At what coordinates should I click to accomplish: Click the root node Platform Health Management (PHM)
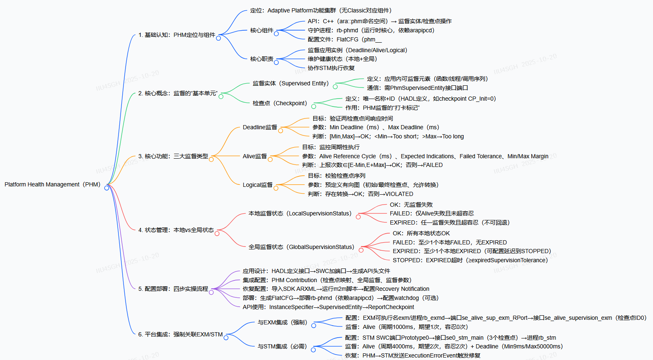point(52,184)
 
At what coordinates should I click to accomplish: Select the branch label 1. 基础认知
point(177,35)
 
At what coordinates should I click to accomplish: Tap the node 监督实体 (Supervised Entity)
point(290,83)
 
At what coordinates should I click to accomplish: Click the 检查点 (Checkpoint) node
point(280,103)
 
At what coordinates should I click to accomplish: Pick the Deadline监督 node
point(260,127)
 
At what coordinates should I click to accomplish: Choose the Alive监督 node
point(255,156)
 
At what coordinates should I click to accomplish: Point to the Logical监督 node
point(258,185)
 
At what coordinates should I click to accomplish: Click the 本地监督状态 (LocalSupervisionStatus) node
point(300,213)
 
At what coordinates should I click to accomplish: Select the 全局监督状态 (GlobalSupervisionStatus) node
point(301,247)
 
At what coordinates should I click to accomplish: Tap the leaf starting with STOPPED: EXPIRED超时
point(470,260)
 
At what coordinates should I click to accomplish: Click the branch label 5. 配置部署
point(173,289)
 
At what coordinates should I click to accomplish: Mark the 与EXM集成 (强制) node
point(282,322)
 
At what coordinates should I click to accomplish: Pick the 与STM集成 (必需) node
point(282,346)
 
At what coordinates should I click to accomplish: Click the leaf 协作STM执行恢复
point(331,68)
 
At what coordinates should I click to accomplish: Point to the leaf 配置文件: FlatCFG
point(345,39)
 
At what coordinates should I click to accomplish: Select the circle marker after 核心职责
point(276,63)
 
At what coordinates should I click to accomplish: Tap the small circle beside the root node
point(106,188)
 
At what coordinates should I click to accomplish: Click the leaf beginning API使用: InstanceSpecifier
point(328,307)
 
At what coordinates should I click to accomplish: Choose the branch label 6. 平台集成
point(180,334)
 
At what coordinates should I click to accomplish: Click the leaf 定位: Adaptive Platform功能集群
point(320,10)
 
